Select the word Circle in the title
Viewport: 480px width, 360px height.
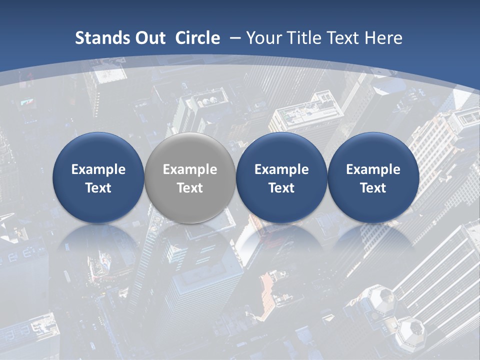(197, 38)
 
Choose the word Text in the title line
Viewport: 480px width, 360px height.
(344, 38)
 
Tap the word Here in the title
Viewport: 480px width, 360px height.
(383, 38)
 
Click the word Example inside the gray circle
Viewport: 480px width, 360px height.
(190, 169)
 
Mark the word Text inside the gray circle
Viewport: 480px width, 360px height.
(190, 188)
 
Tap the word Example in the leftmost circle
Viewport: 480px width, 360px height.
(98, 169)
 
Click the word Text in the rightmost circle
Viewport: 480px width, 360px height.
(373, 188)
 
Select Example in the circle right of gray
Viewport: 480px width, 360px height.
(281, 169)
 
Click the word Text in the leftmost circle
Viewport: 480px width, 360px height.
(98, 188)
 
